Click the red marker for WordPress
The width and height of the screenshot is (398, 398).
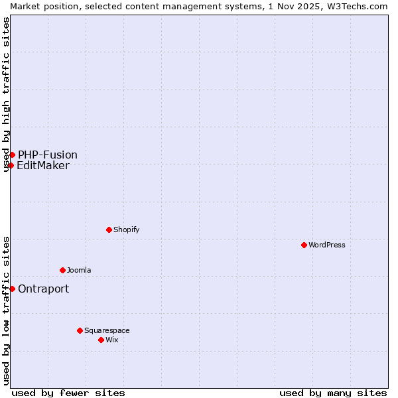(304, 245)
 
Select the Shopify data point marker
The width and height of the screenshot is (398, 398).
(109, 230)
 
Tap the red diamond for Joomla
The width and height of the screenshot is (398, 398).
(63, 270)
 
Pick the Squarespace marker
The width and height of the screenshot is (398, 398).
(80, 330)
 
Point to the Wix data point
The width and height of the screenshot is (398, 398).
(101, 340)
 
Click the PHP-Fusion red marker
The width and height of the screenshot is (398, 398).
(12, 155)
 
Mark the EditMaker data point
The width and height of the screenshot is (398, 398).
(11, 165)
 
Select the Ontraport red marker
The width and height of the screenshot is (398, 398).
(12, 289)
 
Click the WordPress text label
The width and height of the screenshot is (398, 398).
(327, 245)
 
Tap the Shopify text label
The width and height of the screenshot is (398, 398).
(127, 230)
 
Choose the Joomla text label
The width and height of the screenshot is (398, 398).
(80, 270)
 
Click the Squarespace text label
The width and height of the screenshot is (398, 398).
(107, 330)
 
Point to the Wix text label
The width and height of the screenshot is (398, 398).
(112, 340)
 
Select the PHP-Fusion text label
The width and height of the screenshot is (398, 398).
(48, 155)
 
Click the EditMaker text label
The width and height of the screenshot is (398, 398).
(43, 166)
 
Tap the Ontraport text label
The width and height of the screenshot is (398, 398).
(44, 289)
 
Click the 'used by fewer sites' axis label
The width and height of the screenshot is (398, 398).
(68, 393)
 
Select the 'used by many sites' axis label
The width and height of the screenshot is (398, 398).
(333, 393)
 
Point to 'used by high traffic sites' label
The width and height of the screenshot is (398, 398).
(6, 95)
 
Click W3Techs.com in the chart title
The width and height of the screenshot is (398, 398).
(355, 6)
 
